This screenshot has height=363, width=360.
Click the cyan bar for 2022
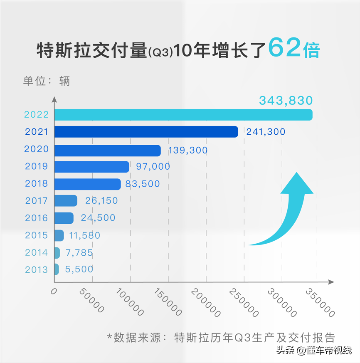tap(183, 115)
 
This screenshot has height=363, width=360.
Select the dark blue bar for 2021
tap(146, 132)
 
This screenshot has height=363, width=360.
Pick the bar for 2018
tap(87, 184)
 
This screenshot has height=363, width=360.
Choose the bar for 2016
tap(64, 218)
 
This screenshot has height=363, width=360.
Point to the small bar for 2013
tap(57, 269)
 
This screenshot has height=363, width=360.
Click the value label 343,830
tap(286, 100)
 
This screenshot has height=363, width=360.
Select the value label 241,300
tap(266, 132)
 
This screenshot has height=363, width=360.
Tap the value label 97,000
tap(153, 166)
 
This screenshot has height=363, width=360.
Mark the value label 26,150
tap(101, 201)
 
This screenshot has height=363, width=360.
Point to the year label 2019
tap(37, 166)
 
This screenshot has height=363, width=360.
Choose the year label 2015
tap(37, 235)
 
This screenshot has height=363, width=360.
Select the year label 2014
tap(37, 252)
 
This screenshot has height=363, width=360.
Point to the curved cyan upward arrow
tap(287, 212)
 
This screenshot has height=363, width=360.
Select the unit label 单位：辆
tap(46, 81)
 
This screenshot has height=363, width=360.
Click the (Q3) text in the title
tap(160, 53)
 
